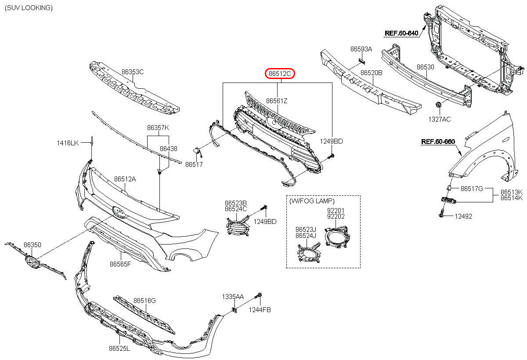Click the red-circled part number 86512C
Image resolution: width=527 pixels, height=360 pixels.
pos(280,74)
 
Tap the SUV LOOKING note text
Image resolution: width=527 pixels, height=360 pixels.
pos(29,8)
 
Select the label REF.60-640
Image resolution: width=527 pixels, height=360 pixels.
pos(401,33)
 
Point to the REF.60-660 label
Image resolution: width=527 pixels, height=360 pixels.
pos(438,141)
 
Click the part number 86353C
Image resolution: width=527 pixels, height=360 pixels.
pos(133,72)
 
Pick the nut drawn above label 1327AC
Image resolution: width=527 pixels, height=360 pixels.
pos(438,105)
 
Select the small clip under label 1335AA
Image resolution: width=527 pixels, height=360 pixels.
pos(235,310)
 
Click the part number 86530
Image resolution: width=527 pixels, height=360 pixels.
pos(425,67)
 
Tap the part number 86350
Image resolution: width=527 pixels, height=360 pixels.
pos(32,245)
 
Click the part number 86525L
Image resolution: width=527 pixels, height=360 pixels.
pos(119,348)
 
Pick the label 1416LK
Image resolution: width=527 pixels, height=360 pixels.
pos(68,143)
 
